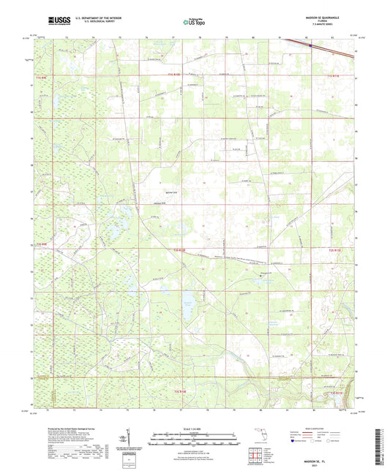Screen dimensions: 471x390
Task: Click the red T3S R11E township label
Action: pos(336,393)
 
